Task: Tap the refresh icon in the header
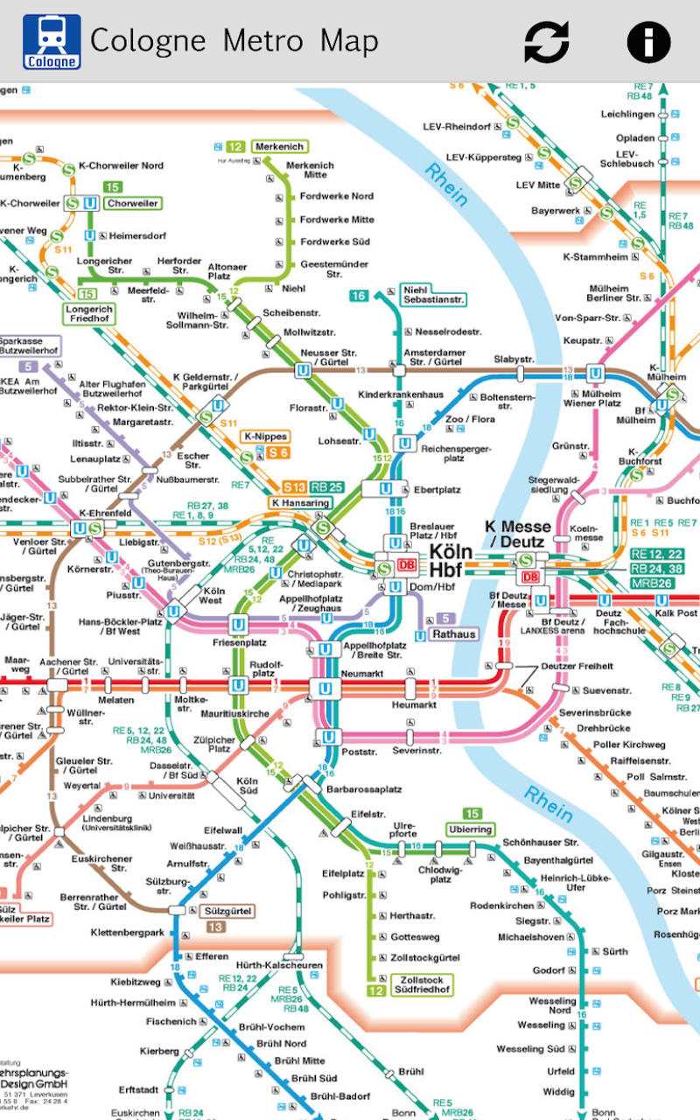[x=547, y=41]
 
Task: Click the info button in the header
[x=648, y=41]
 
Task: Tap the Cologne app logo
[x=52, y=41]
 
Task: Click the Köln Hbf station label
[x=451, y=561]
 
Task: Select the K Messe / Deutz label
[x=518, y=534]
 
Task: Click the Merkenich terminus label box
[x=279, y=146]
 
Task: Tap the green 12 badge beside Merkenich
[x=235, y=147]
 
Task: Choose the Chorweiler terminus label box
[x=133, y=203]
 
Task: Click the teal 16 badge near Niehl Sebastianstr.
[x=359, y=296]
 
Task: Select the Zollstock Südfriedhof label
[x=422, y=984]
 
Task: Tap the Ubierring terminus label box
[x=471, y=829]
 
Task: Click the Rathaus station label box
[x=453, y=634]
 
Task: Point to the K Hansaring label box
[x=300, y=503]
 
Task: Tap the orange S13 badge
[x=295, y=486]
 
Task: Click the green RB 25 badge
[x=326, y=486]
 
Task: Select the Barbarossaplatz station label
[x=363, y=788]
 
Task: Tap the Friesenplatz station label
[x=238, y=641]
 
